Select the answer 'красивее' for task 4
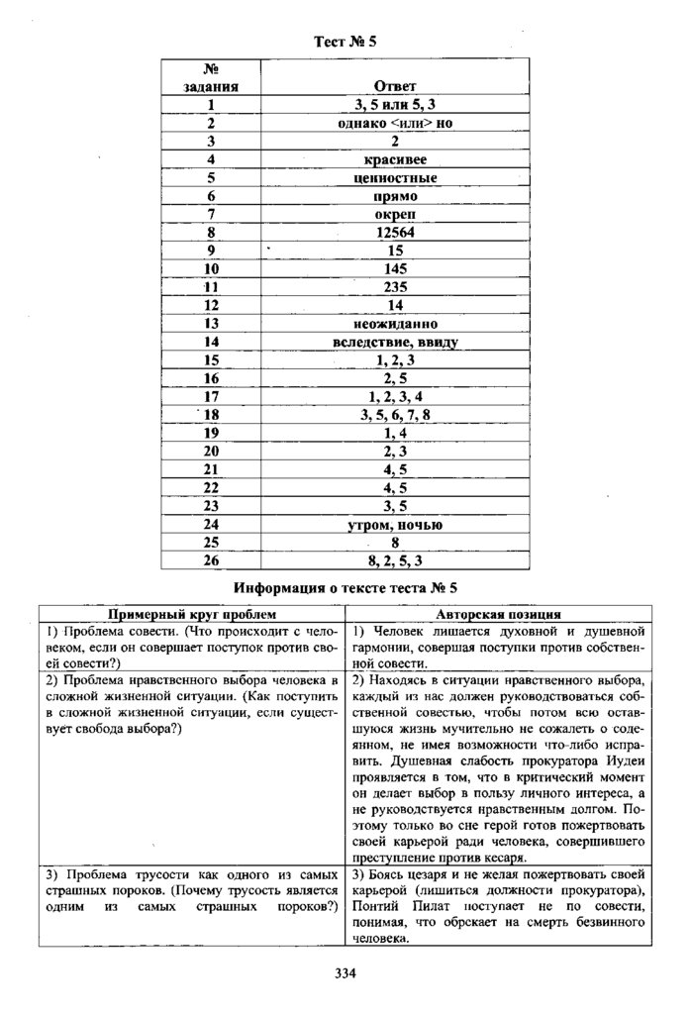[x=395, y=159]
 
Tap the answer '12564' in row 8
[x=395, y=232]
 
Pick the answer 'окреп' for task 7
[x=395, y=214]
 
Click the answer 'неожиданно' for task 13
[x=395, y=324]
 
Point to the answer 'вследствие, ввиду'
[x=395, y=342]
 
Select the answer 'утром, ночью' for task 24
[x=395, y=525]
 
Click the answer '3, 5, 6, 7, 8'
[x=395, y=415]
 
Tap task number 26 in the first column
[x=211, y=561]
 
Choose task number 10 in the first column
[x=211, y=268]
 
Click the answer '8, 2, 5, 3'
[x=395, y=561]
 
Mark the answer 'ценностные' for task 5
[x=395, y=177]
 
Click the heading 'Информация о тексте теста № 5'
[x=345, y=587]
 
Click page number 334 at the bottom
[x=345, y=973]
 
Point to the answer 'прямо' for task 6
[x=395, y=196]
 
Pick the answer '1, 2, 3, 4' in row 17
[x=395, y=397]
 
